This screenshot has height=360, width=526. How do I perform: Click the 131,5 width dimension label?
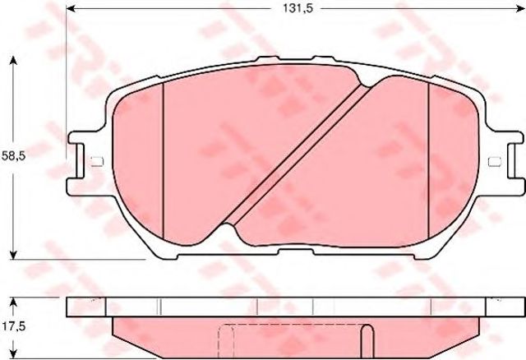click(298, 8)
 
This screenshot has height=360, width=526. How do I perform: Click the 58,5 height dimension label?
click(13, 155)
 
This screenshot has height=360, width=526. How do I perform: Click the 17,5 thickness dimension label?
click(13, 325)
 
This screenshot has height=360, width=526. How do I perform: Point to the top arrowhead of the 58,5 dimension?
click(13, 61)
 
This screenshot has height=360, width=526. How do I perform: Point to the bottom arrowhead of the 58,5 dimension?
click(13, 255)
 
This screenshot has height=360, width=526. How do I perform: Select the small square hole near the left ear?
click(97, 162)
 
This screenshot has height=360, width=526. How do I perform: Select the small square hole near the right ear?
click(495, 162)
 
